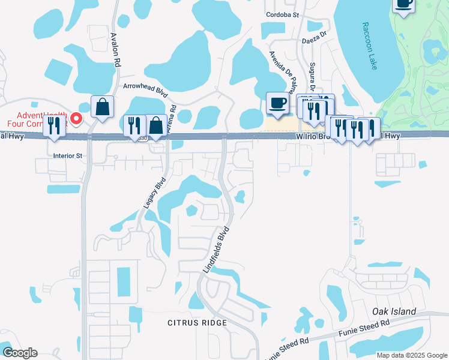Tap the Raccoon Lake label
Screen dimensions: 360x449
[370, 46]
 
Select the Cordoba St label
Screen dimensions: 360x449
[283, 15]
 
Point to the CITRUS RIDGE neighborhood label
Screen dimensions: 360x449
[197, 323]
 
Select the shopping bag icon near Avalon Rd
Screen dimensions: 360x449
[103, 107]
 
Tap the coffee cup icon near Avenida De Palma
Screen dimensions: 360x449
[277, 103]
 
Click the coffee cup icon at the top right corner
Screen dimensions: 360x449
[404, 3]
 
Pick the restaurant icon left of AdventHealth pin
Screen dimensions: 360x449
[55, 126]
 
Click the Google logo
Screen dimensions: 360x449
[20, 352]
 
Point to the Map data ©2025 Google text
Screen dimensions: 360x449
[411, 355]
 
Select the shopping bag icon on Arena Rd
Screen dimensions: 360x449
[156, 126]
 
